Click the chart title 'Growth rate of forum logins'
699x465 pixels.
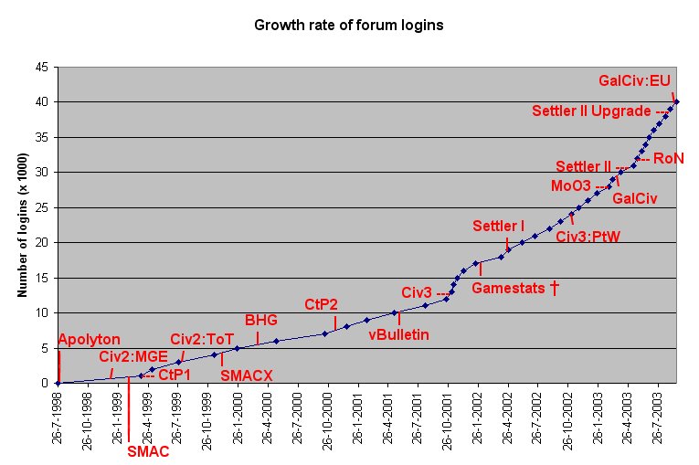coord(348,25)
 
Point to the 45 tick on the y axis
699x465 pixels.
coord(43,67)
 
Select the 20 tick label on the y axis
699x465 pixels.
coord(43,242)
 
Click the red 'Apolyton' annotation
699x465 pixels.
coord(89,340)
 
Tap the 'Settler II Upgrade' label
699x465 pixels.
coord(592,111)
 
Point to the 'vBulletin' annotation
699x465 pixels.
coord(398,334)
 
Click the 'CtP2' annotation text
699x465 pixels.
coord(323,303)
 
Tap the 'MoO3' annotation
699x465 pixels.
coord(570,185)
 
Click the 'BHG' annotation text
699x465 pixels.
coord(260,320)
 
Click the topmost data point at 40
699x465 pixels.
coord(676,101)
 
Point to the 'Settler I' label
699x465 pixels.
coord(498,226)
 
